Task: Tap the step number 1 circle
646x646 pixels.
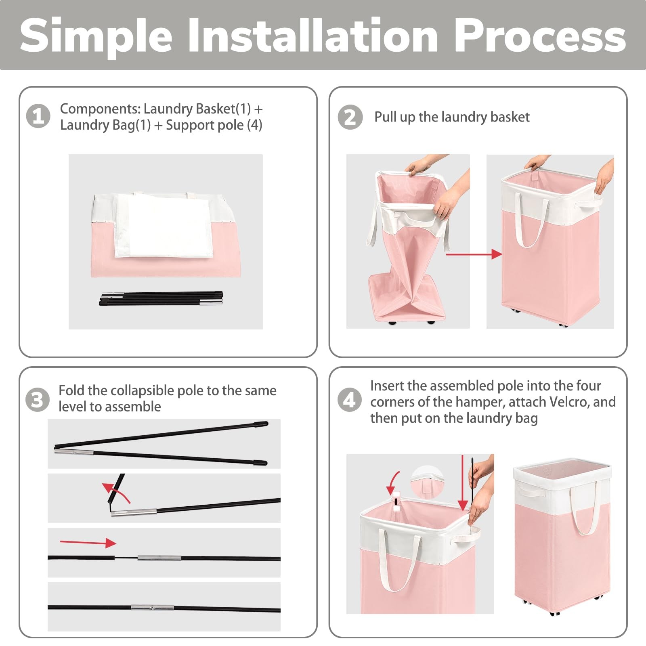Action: (38, 116)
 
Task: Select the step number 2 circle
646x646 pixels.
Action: (350, 117)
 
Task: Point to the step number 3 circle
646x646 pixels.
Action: (38, 400)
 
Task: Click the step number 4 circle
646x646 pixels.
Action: (349, 400)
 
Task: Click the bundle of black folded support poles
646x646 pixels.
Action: (161, 298)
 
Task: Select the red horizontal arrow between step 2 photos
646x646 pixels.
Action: (474, 254)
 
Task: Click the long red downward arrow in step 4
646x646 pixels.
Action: (463, 483)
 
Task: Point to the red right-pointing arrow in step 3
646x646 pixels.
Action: (88, 543)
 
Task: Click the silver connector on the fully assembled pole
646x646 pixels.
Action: (152, 607)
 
